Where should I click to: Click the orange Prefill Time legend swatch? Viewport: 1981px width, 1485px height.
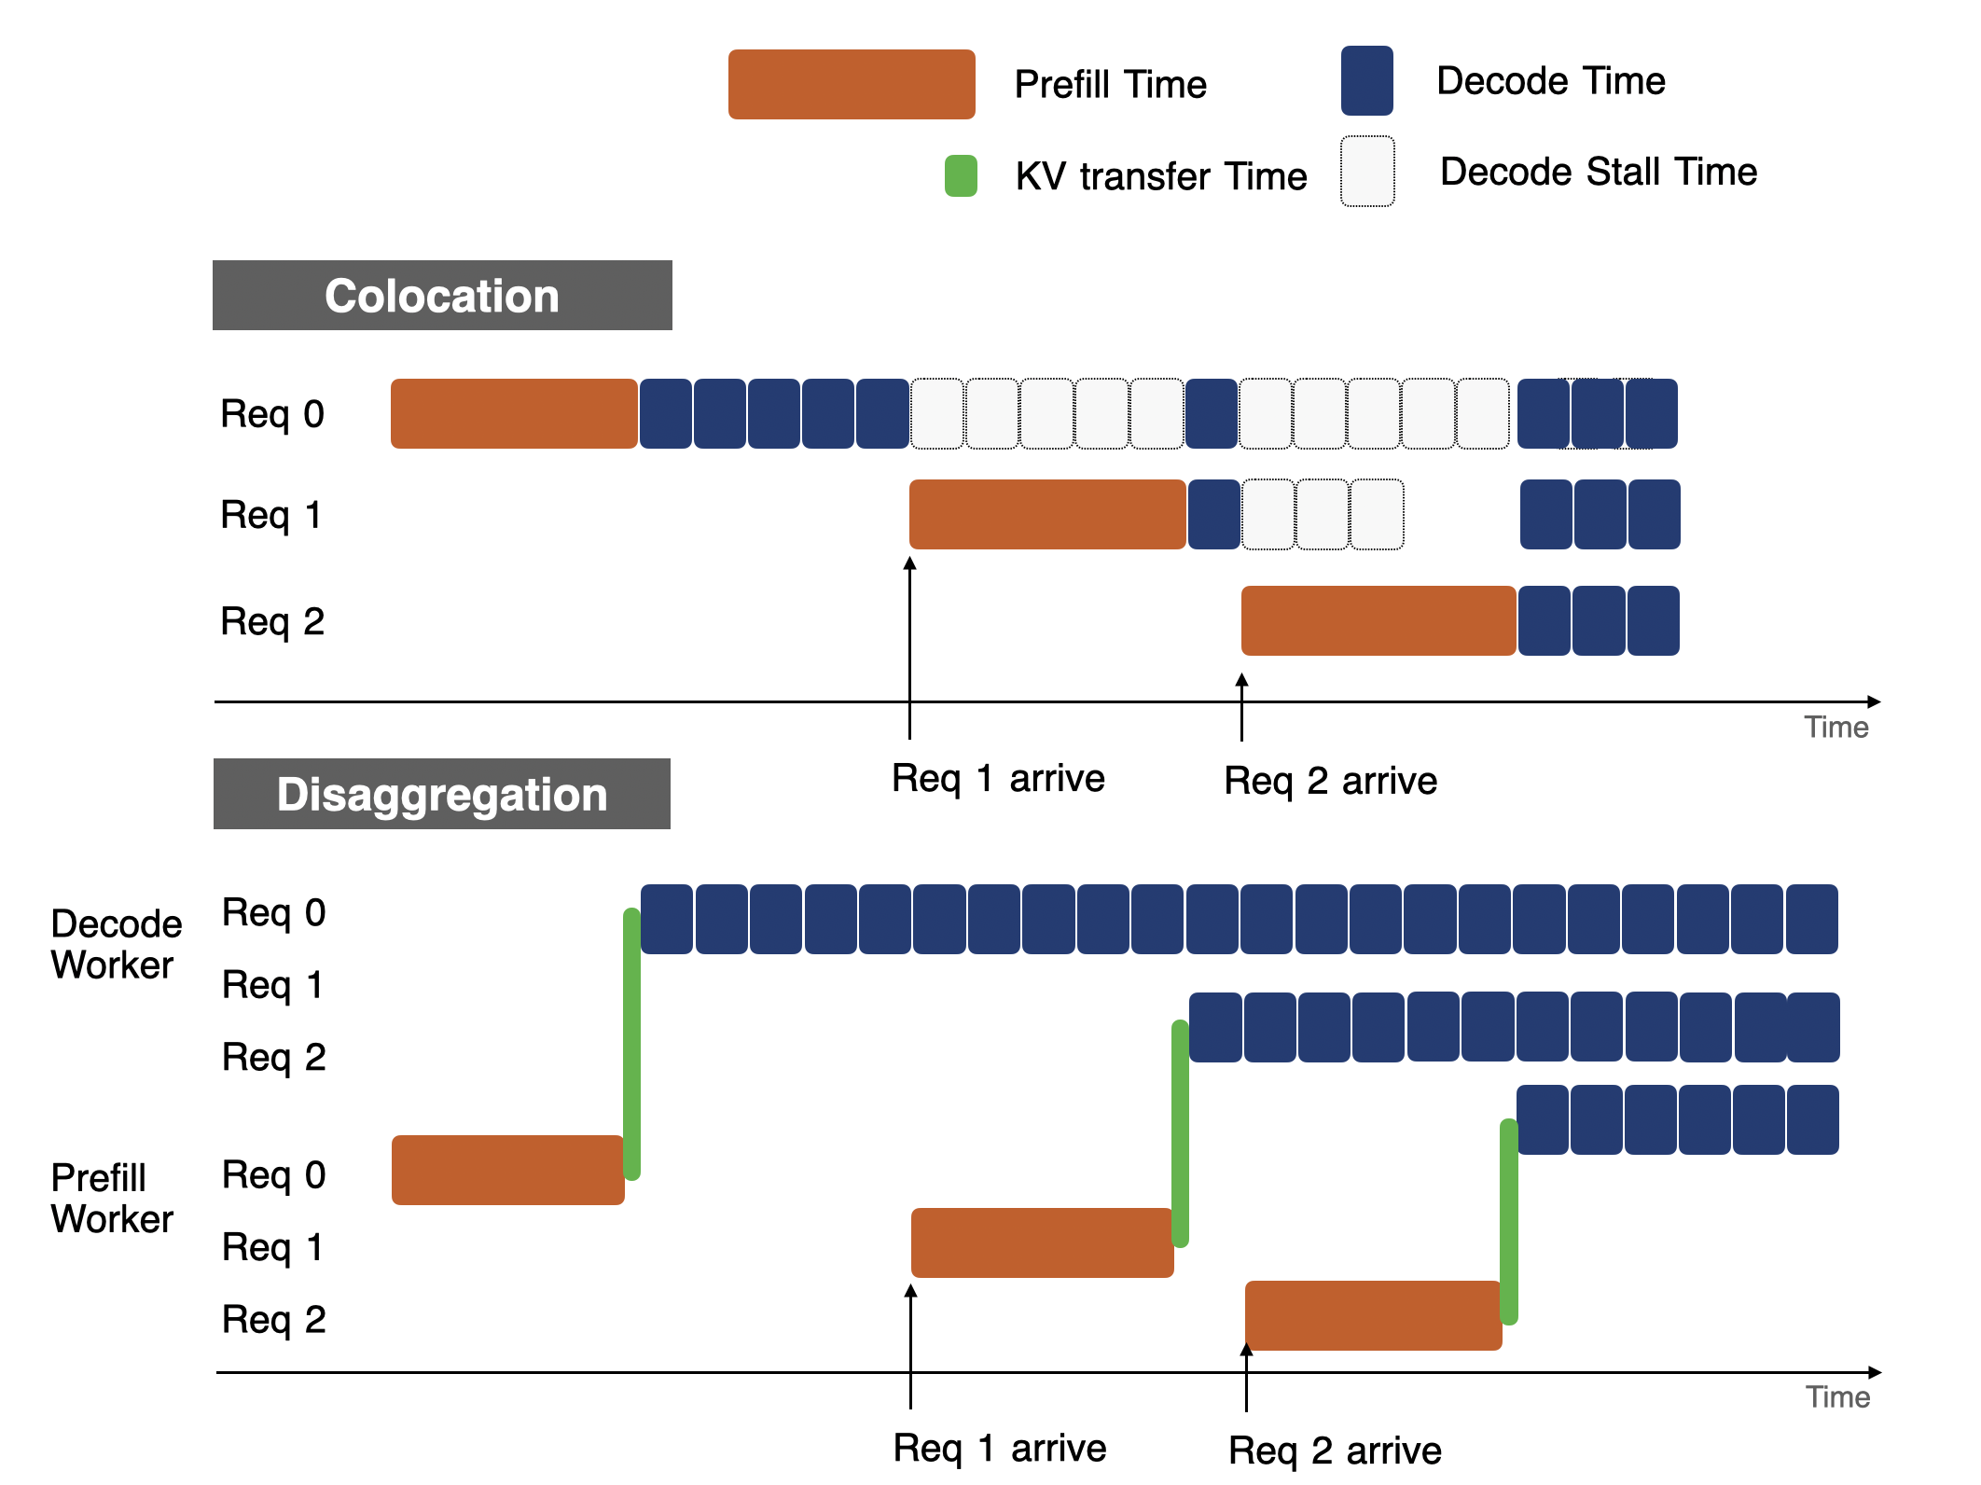851,84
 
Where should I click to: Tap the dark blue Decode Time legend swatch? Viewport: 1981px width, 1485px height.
1366,81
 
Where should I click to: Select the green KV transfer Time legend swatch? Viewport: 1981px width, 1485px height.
961,175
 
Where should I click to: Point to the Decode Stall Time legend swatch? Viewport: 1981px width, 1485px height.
1367,172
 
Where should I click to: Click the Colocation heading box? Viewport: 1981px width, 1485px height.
442,296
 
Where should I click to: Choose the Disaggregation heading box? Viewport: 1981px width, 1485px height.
442,794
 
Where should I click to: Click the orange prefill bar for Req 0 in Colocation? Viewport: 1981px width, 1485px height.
514,413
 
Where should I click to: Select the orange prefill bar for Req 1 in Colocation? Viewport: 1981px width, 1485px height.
1046,514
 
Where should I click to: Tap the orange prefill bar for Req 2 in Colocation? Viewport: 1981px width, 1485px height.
1378,620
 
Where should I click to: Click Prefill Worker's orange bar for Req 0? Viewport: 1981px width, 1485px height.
507,1170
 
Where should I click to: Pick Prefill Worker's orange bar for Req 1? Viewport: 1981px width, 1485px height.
1042,1242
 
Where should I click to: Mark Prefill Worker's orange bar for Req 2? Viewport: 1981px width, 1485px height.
1373,1315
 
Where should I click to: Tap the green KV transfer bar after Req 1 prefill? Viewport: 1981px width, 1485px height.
1180,1133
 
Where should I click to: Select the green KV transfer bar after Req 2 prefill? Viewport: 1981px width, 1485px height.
1509,1222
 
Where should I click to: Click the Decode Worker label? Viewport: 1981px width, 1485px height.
115,944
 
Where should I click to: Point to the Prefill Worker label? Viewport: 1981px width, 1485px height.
111,1199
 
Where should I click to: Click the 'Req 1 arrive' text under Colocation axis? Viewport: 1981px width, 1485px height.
998,778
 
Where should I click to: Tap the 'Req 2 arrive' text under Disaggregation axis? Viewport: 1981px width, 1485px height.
1335,1450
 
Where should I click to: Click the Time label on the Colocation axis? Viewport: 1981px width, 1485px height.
1836,728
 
